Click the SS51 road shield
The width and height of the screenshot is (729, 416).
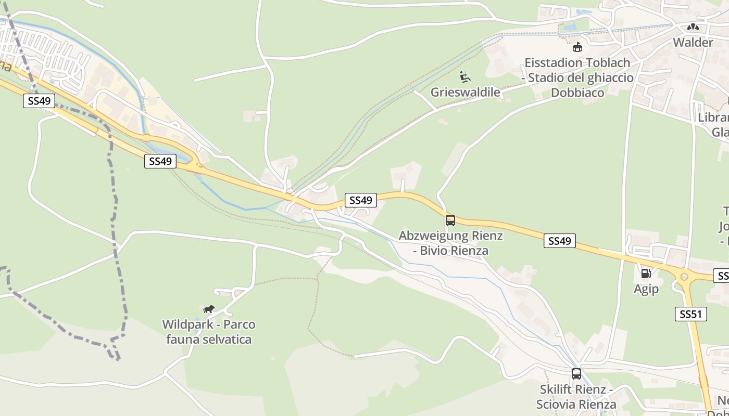pyautogui.click(x=691, y=314)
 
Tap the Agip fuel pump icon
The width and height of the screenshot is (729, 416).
pyautogui.click(x=646, y=273)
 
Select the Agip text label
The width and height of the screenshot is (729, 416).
pyautogui.click(x=646, y=289)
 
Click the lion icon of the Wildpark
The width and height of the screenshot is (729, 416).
pyautogui.click(x=209, y=309)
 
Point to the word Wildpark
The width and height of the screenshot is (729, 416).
pyautogui.click(x=187, y=324)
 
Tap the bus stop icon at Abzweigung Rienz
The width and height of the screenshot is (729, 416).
pyautogui.click(x=450, y=220)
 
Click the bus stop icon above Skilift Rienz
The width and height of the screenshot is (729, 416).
pyautogui.click(x=576, y=373)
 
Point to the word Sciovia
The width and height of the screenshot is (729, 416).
pyautogui.click(x=557, y=404)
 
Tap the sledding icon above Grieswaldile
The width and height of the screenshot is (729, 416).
pyautogui.click(x=465, y=77)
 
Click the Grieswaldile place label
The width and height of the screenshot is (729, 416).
pyautogui.click(x=465, y=93)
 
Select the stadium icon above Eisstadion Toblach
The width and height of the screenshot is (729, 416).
pyautogui.click(x=577, y=47)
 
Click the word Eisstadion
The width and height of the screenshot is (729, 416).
pyautogui.click(x=554, y=63)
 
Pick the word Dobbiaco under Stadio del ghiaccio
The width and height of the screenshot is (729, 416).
pyautogui.click(x=577, y=93)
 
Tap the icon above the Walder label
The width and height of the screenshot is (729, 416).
pyautogui.click(x=693, y=27)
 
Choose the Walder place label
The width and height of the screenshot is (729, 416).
pyautogui.click(x=693, y=42)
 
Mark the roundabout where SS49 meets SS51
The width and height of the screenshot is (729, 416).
pyautogui.click(x=684, y=277)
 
